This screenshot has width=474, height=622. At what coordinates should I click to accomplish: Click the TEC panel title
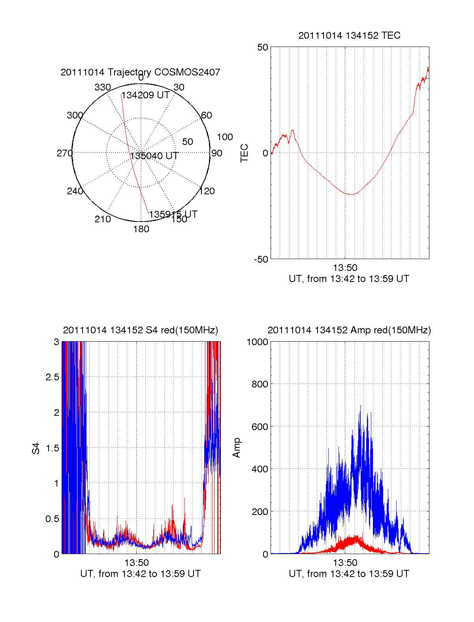pyautogui.click(x=349, y=36)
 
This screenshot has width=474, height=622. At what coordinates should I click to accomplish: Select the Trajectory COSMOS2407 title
pyautogui.click(x=140, y=72)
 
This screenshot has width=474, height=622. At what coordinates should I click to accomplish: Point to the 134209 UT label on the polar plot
pyautogui.click(x=145, y=95)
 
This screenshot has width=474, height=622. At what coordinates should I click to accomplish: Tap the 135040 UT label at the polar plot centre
pyautogui.click(x=154, y=156)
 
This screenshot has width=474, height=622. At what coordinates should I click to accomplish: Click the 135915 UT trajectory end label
pyautogui.click(x=173, y=214)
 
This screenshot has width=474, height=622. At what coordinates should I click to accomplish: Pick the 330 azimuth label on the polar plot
pyautogui.click(x=103, y=87)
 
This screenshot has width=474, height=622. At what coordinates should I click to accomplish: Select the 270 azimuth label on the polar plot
pyautogui.click(x=65, y=153)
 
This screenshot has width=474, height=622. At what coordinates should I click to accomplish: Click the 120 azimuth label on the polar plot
pyautogui.click(x=207, y=191)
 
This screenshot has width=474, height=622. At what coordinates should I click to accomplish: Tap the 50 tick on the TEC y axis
pyautogui.click(x=263, y=48)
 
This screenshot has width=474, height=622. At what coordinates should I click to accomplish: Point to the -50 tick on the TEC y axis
pyautogui.click(x=261, y=259)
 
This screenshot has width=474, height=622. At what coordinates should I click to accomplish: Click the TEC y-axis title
pyautogui.click(x=245, y=153)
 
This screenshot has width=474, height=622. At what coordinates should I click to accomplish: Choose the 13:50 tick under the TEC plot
pyautogui.click(x=345, y=268)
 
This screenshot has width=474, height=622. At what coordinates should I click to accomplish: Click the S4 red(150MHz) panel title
pyautogui.click(x=140, y=330)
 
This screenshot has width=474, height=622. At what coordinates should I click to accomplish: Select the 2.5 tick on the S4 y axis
pyautogui.click(x=53, y=377)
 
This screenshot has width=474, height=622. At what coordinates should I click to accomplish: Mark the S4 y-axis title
pyautogui.click(x=36, y=448)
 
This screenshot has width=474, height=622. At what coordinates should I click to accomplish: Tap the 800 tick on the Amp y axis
pyautogui.click(x=260, y=384)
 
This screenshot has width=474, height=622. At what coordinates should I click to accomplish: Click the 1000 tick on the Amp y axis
pyautogui.click(x=258, y=342)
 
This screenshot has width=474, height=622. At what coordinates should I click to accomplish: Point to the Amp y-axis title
pyautogui.click(x=237, y=448)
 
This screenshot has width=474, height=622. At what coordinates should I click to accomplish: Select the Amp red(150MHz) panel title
pyautogui.click(x=349, y=330)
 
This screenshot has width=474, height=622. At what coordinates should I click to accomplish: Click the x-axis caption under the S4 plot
pyautogui.click(x=140, y=574)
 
